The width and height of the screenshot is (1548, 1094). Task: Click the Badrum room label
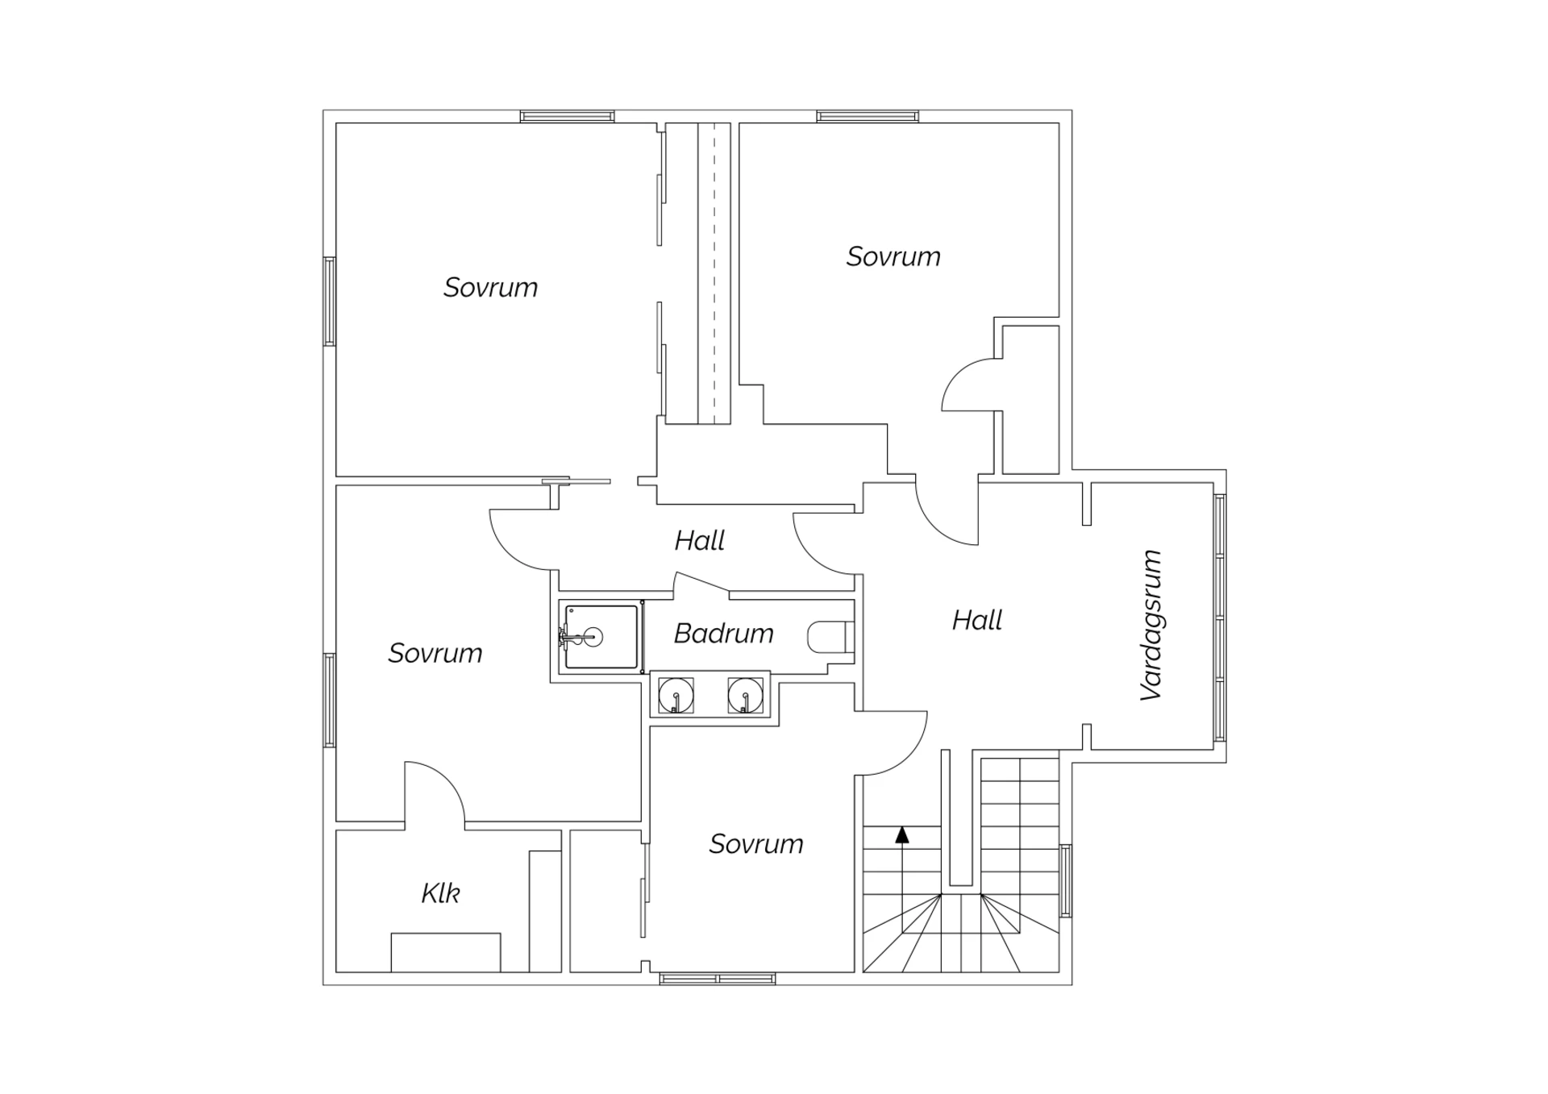coord(723,634)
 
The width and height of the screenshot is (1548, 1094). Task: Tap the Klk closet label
coord(440,893)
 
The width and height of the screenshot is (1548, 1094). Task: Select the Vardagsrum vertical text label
coord(1151,625)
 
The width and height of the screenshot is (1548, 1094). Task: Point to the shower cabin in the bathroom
coord(601,637)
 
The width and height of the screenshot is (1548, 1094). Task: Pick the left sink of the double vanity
coord(676,695)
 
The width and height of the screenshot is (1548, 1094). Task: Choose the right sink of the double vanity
coord(745,695)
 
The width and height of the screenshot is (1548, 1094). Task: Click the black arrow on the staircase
coord(902,835)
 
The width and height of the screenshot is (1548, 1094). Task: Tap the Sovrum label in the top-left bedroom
coord(490,288)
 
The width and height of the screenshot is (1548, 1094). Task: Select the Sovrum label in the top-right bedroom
coord(893,256)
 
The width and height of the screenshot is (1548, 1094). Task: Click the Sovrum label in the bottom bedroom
coord(756,844)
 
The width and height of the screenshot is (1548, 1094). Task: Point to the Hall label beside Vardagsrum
coord(977,620)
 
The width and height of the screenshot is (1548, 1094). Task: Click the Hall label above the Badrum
coord(700,540)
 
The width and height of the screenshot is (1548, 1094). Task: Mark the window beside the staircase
coord(1065,880)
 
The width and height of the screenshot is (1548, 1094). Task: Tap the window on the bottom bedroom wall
coord(718,979)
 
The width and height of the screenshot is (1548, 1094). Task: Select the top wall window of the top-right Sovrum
coord(868,117)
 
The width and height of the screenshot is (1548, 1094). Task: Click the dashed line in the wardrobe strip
coord(714,273)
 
